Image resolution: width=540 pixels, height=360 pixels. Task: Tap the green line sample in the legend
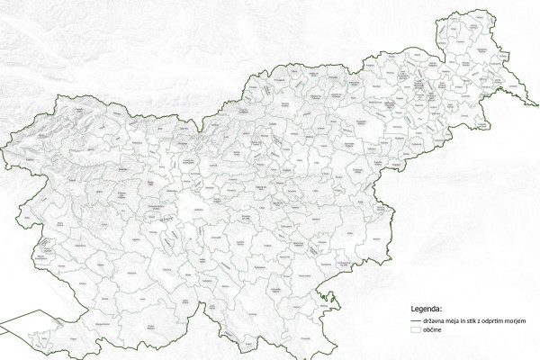[416, 319]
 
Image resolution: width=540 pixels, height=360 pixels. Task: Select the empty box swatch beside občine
[416, 331]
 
